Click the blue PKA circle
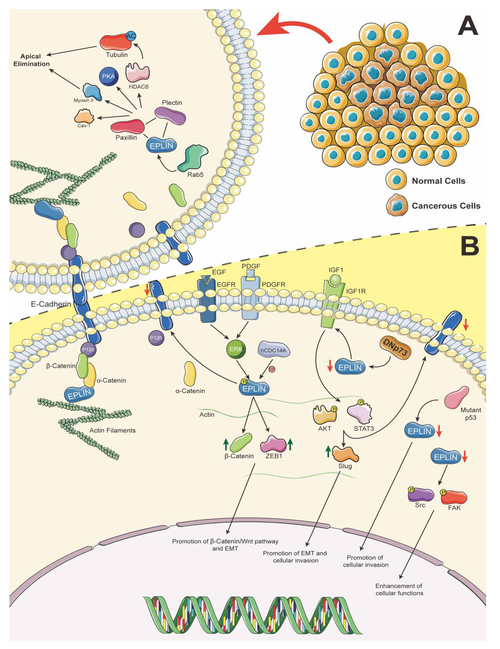108,76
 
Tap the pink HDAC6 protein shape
138,72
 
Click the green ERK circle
236,349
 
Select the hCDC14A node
273,350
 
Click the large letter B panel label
469,245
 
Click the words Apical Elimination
31,60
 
